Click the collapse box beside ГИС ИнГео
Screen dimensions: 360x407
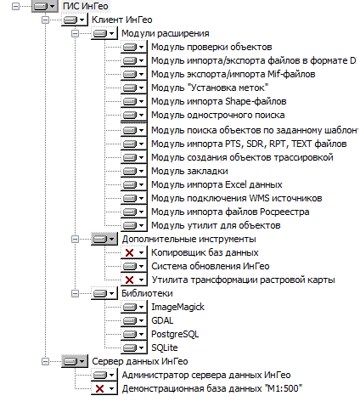click(x=15, y=6)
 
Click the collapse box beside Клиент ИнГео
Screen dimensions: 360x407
click(x=45, y=20)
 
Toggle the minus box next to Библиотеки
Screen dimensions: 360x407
click(x=75, y=293)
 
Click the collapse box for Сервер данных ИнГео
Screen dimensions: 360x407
click(x=45, y=361)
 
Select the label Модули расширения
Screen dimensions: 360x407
click(x=166, y=33)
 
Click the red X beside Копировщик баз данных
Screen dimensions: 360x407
click(x=129, y=252)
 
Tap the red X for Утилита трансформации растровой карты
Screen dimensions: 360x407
click(x=129, y=280)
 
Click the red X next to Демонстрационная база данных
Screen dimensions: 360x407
click(x=99, y=388)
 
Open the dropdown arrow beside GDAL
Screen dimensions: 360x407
click(x=141, y=320)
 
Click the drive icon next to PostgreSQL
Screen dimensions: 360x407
click(x=130, y=334)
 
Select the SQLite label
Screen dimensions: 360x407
click(x=165, y=348)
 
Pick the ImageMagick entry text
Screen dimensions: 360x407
click(x=177, y=307)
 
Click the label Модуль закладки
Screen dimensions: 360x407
click(x=189, y=171)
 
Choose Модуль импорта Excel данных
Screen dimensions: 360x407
click(x=217, y=184)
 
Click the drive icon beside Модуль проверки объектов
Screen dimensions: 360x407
click(x=130, y=47)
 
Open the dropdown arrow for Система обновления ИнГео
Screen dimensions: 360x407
click(x=141, y=266)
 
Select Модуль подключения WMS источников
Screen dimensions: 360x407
click(x=237, y=198)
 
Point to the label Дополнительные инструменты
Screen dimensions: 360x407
click(x=188, y=239)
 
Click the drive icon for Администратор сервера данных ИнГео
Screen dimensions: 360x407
click(x=100, y=375)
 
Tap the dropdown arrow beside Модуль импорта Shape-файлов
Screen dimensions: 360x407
click(x=141, y=101)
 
